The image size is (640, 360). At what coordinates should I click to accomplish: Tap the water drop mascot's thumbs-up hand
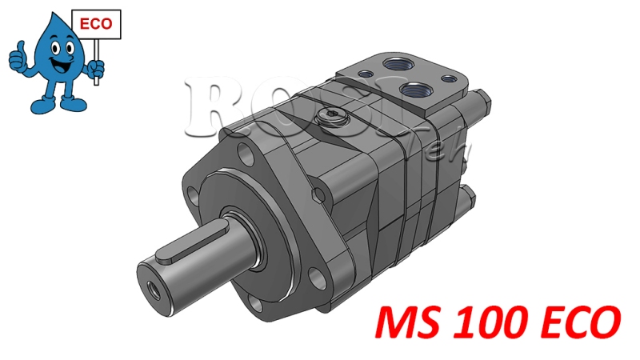click(18, 57)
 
